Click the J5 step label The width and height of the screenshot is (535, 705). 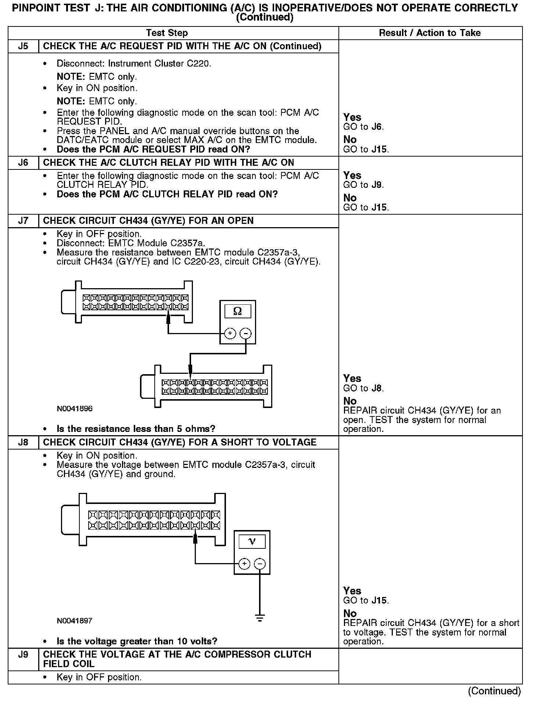[23, 46]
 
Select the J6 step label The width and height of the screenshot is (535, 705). [23, 162]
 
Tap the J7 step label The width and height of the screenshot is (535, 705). [23, 221]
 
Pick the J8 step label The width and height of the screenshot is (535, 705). [23, 442]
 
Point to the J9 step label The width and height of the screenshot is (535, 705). [23, 654]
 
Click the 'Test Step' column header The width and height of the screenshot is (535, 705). [167, 33]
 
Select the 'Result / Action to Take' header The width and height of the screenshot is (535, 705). [430, 33]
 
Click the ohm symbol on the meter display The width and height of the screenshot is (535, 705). [237, 311]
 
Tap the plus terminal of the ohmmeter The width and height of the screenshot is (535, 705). [230, 333]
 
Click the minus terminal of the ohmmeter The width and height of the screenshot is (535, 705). [245, 333]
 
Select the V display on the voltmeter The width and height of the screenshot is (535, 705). [252, 541]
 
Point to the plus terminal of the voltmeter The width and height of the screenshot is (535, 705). [244, 563]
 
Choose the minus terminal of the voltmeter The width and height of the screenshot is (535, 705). [260, 563]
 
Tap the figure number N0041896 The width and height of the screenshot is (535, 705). [75, 409]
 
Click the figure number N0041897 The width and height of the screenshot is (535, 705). [75, 621]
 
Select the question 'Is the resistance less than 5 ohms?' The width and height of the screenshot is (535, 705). [136, 429]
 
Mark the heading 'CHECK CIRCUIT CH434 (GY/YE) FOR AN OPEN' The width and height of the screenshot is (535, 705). [148, 221]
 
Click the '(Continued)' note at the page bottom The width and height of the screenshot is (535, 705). [494, 691]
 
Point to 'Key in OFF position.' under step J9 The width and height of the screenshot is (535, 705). [99, 677]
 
